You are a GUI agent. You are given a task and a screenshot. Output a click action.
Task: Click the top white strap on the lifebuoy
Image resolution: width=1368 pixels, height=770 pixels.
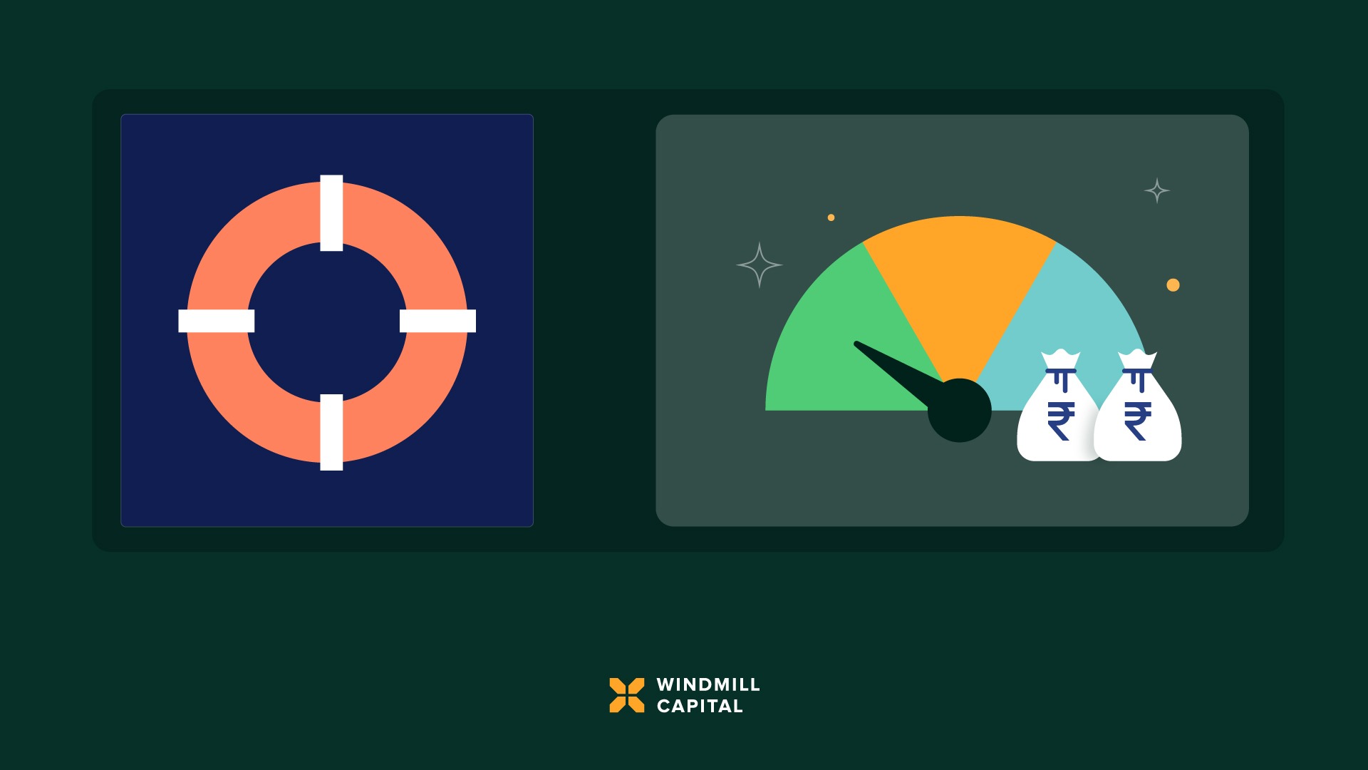(x=331, y=212)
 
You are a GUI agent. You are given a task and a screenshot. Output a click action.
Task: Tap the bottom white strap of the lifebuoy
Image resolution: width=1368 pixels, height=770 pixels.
(x=331, y=432)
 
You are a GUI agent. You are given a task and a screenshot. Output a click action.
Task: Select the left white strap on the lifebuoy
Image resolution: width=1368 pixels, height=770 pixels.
(x=216, y=321)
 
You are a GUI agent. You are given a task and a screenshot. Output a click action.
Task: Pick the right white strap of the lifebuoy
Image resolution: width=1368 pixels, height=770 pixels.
(x=437, y=321)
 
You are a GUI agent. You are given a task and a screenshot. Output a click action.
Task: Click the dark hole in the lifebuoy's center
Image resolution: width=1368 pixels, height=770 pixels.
(x=327, y=322)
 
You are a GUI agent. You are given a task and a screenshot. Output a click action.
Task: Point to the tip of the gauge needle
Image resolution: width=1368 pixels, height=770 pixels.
(x=856, y=344)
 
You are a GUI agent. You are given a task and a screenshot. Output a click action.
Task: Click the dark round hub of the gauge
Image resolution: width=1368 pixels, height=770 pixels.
(x=960, y=411)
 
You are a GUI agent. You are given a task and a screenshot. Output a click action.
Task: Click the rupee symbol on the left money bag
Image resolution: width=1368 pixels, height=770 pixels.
(x=1061, y=421)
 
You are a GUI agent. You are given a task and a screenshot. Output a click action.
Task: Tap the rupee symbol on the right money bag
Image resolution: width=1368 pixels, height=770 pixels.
(x=1138, y=421)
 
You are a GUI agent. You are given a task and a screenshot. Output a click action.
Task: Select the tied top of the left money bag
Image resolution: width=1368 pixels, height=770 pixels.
(x=1061, y=360)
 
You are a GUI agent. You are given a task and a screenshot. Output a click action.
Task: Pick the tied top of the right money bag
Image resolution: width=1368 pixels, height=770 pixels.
(x=1137, y=360)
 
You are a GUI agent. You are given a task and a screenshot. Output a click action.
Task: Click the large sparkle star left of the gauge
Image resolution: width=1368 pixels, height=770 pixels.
(x=760, y=265)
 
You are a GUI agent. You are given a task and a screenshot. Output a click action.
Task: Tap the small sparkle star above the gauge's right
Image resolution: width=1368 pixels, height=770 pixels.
(x=1157, y=190)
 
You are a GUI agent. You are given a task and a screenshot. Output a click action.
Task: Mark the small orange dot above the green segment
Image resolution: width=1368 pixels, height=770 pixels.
(x=831, y=217)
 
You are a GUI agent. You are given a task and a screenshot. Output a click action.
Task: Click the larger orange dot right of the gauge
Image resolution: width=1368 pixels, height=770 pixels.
(x=1173, y=285)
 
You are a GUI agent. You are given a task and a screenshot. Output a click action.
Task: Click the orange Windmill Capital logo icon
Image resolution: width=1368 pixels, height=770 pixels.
(x=627, y=695)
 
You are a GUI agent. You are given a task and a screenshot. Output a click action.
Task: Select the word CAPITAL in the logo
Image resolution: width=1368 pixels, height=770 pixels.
(x=700, y=707)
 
